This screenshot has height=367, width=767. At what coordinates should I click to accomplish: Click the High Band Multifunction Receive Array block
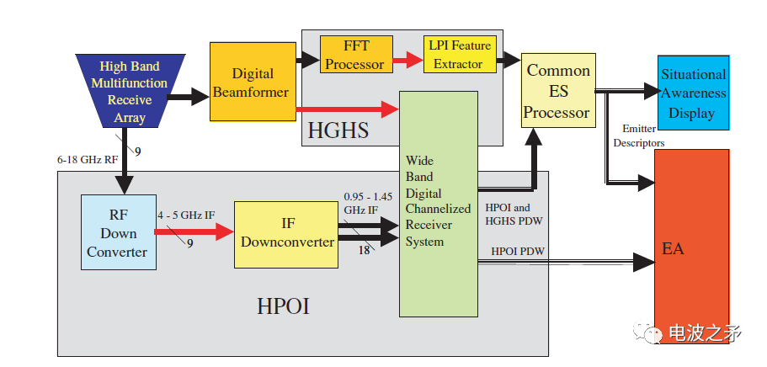(130, 92)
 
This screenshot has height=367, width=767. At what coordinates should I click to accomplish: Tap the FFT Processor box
(355, 54)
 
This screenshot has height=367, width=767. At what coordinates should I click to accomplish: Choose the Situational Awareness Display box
(693, 93)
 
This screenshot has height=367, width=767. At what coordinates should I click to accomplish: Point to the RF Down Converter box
(118, 231)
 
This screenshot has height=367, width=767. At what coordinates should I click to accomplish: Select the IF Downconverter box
(287, 233)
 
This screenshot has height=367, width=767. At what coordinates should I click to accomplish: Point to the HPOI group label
(283, 306)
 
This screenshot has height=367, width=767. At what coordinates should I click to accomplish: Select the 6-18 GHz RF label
(86, 157)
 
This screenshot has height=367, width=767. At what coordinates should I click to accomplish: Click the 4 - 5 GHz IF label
(186, 215)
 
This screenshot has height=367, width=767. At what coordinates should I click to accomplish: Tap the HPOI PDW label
(518, 251)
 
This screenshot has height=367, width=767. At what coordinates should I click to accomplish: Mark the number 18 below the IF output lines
(365, 250)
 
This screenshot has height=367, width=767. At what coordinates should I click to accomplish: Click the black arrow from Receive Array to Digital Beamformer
(189, 97)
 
